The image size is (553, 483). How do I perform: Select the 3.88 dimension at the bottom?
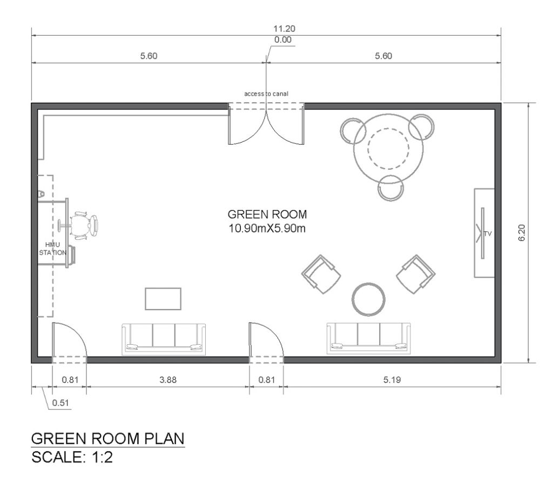(x=168, y=380)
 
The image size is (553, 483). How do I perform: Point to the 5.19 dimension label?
(x=392, y=380)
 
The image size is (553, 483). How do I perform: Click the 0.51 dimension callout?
(x=60, y=403)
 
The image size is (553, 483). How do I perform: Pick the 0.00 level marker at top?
(x=282, y=40)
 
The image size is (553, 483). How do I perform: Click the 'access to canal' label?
(x=266, y=93)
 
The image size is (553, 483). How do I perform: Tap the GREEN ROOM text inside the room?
(x=267, y=214)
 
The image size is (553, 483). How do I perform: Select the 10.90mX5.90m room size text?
(x=268, y=227)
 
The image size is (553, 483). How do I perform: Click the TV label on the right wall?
(x=489, y=233)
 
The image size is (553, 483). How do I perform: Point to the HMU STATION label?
(x=52, y=249)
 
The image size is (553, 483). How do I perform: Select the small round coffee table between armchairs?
(x=369, y=299)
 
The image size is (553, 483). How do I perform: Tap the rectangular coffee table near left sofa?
(x=163, y=299)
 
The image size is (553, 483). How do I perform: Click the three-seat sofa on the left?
(x=164, y=338)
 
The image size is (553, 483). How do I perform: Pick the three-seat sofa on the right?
(x=368, y=338)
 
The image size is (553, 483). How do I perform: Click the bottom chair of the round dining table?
(x=391, y=187)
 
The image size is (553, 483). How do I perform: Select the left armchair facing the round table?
(x=322, y=274)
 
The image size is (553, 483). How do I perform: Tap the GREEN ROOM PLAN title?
(x=108, y=438)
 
